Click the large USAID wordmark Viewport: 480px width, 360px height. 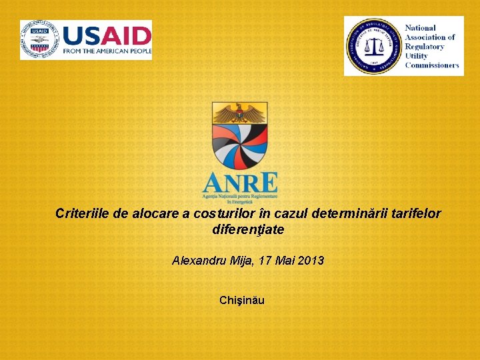click(107, 35)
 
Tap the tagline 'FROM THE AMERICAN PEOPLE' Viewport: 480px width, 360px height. click(107, 51)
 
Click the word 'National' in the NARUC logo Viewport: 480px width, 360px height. click(421, 29)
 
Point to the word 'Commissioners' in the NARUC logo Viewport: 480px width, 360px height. click(432, 65)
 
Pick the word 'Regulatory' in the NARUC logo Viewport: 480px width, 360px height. click(425, 47)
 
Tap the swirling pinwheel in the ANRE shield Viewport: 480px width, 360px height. click(240, 147)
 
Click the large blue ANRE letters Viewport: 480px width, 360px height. click(239, 183)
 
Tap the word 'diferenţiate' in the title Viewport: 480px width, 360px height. click(248, 230)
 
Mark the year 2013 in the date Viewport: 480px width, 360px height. click(311, 261)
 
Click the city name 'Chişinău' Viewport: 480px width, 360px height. click(241, 300)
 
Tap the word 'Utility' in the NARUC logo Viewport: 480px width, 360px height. click(418, 56)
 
